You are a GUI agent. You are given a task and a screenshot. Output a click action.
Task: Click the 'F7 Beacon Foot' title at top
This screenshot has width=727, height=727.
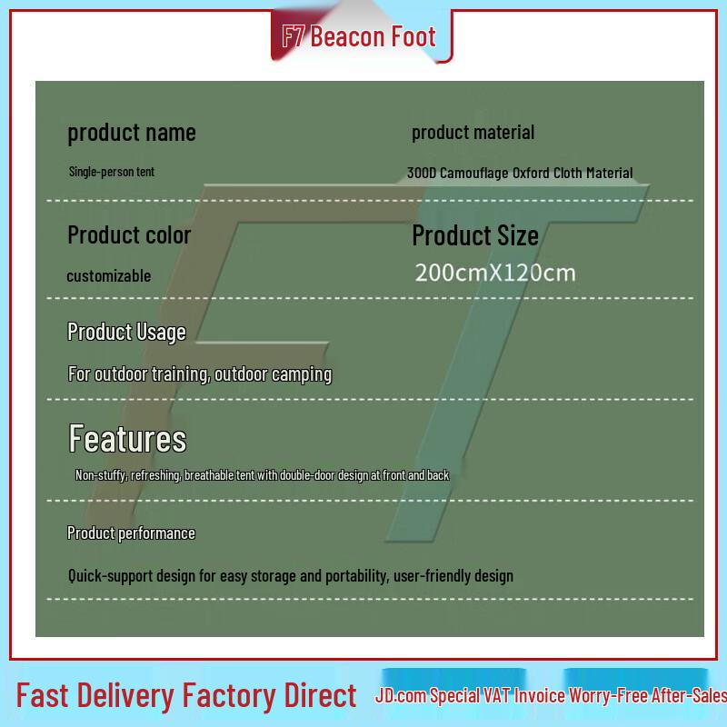click(x=359, y=36)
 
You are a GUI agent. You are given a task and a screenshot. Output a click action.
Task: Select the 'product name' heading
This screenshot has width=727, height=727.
click(x=132, y=133)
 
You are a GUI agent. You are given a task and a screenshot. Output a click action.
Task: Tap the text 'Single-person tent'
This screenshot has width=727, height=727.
click(x=111, y=172)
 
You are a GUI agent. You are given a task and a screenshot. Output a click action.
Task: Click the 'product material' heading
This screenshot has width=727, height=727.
click(x=473, y=133)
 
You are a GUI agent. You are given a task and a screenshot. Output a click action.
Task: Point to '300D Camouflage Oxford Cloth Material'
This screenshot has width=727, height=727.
click(x=520, y=173)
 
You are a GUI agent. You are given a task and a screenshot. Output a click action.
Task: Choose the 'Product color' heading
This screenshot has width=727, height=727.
click(x=129, y=234)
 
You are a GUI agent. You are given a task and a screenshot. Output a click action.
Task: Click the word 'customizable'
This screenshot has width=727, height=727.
click(x=109, y=276)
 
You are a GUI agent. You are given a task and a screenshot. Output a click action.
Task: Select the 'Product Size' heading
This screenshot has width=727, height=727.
click(x=475, y=235)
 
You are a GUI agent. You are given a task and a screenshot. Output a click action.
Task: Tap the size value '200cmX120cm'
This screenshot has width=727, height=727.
click(x=495, y=273)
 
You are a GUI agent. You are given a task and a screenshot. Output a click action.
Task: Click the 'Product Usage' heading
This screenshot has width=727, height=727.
click(x=126, y=333)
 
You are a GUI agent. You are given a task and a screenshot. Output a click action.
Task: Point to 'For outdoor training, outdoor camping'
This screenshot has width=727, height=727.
click(x=200, y=374)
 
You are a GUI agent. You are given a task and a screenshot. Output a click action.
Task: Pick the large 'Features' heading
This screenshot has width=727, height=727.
click(x=127, y=438)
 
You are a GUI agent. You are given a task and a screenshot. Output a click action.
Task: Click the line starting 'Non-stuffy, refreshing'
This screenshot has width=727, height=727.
click(x=262, y=475)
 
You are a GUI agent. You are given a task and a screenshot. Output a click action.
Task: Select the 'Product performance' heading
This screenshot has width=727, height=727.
click(x=131, y=533)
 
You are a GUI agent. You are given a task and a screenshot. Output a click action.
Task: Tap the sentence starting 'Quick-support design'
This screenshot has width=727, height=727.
click(x=291, y=576)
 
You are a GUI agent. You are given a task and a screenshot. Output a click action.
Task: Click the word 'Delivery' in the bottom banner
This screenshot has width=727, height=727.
click(x=126, y=696)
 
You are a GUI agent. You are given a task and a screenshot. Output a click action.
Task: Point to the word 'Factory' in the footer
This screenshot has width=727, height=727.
click(x=230, y=696)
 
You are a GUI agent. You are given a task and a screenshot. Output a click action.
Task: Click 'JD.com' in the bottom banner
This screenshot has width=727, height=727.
click(x=401, y=695)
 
